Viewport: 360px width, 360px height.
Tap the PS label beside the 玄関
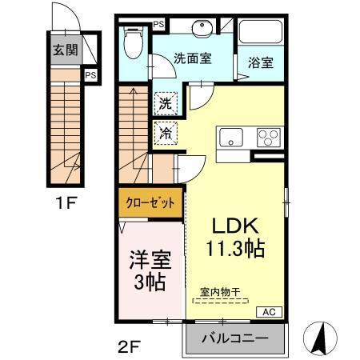click(91, 76)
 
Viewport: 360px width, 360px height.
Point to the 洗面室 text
click(194, 58)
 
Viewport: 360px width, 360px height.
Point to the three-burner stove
click(267, 138)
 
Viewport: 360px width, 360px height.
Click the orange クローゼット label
click(149, 202)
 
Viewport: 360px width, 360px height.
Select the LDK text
click(232, 225)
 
